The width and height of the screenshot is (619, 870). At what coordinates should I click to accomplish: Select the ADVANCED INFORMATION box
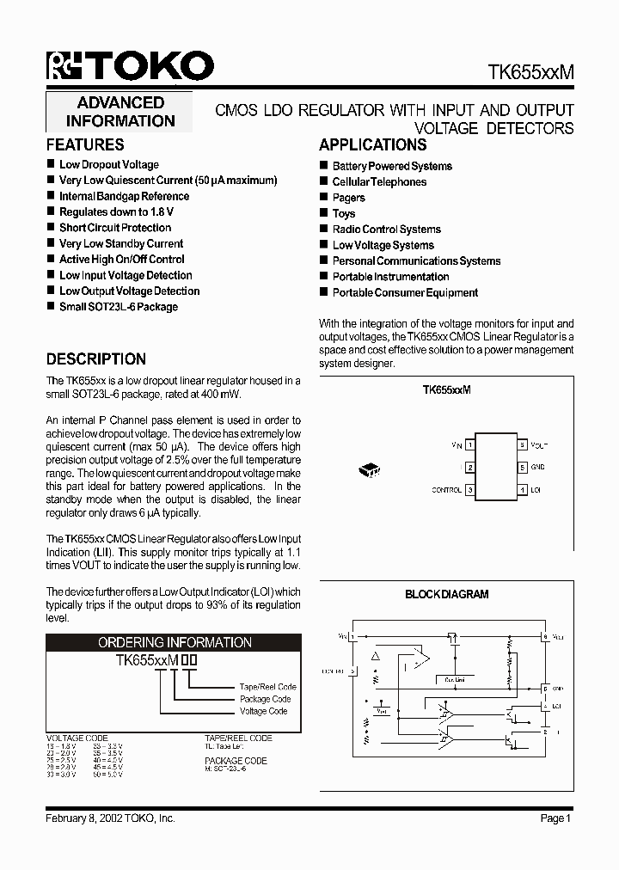[120, 112]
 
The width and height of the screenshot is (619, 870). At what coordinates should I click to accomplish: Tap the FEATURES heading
[85, 145]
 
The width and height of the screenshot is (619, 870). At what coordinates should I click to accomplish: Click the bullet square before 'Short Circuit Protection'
[51, 228]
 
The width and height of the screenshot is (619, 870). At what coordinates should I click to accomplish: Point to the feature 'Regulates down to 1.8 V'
[116, 211]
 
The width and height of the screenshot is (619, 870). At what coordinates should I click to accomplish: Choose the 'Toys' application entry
[344, 213]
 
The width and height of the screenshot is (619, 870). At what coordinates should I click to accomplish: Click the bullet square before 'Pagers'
[324, 198]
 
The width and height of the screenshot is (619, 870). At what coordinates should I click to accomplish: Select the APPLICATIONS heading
[372, 145]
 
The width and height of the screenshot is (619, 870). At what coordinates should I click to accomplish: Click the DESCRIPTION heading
[95, 359]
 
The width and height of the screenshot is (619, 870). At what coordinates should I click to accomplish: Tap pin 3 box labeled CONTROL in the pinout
[469, 490]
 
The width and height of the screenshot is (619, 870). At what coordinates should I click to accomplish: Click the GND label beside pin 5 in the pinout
[537, 468]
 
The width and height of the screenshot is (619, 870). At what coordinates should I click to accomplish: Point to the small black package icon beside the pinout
[370, 469]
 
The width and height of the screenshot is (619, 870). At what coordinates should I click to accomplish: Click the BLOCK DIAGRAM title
[446, 594]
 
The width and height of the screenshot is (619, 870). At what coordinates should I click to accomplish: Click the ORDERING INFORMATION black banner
[174, 642]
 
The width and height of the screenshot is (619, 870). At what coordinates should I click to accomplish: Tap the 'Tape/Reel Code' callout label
[267, 687]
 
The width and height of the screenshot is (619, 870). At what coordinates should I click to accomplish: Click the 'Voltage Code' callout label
[263, 711]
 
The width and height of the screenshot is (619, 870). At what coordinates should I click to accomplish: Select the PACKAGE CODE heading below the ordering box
[236, 761]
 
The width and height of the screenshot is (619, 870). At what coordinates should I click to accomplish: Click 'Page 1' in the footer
[555, 818]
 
